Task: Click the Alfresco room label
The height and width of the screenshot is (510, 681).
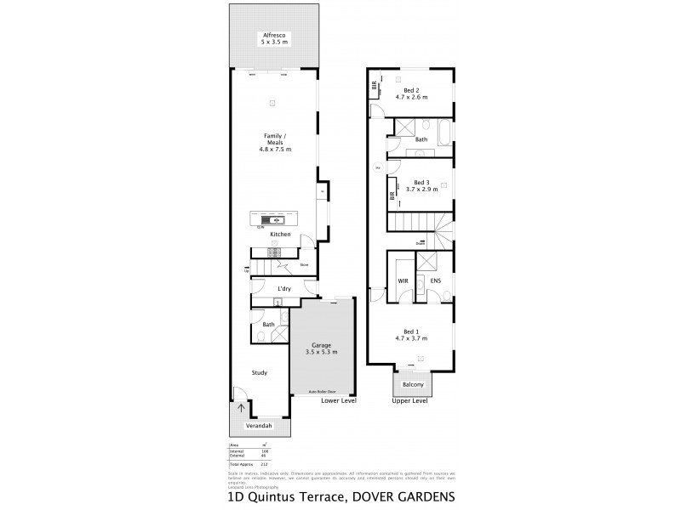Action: click(273, 35)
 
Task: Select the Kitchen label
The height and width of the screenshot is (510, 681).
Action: click(281, 234)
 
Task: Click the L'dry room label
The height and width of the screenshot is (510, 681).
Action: click(285, 290)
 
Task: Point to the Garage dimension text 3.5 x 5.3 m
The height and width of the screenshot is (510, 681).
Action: click(321, 351)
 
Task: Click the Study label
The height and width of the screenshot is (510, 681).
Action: click(260, 371)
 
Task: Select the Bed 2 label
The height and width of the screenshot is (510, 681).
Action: click(411, 90)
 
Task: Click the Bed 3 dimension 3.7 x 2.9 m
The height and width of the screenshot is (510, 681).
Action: click(420, 190)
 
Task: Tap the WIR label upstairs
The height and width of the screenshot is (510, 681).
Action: click(404, 280)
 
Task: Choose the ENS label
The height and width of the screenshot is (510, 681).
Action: click(435, 280)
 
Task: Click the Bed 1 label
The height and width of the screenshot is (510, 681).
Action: click(411, 331)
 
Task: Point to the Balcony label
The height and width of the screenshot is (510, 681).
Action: click(412, 384)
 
